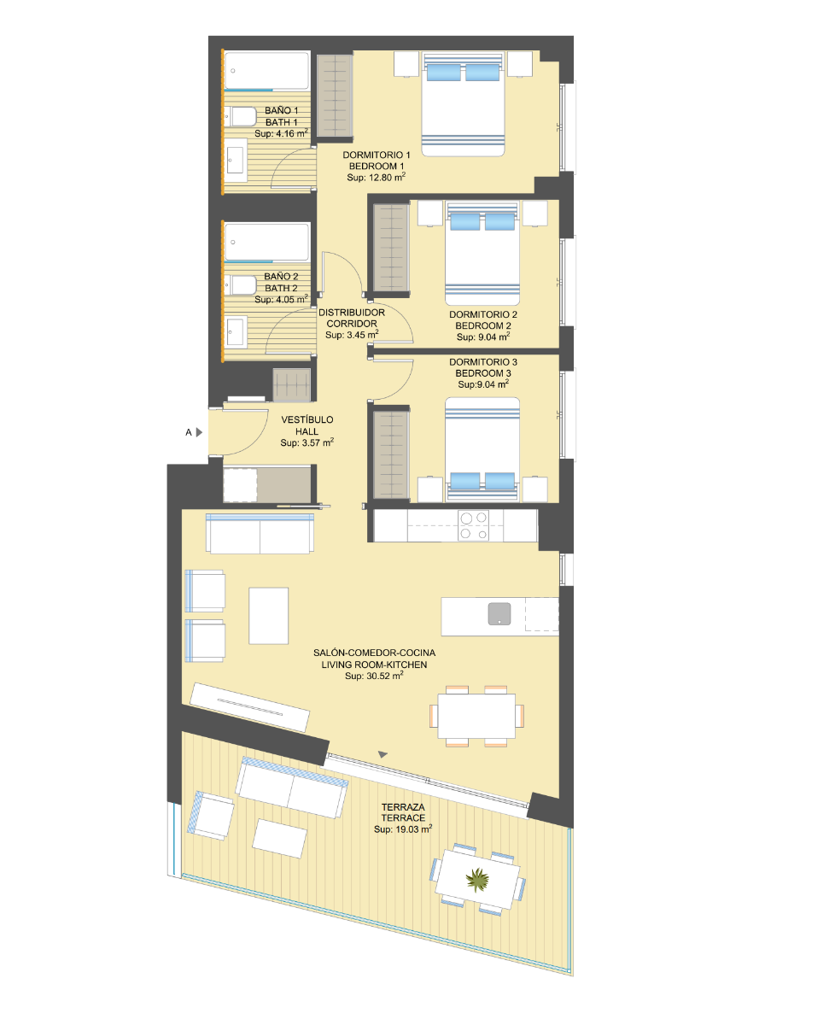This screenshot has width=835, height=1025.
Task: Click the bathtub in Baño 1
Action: tap(267, 70)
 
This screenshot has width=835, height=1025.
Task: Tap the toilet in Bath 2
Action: tap(241, 285)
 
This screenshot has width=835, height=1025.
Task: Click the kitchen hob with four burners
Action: tap(473, 525)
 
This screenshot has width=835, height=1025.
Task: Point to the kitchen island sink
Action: tap(499, 613)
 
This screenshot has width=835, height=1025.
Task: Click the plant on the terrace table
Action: tap(477, 880)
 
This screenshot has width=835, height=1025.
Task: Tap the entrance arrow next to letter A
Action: tap(199, 432)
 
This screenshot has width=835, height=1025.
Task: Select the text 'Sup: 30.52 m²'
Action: tap(374, 676)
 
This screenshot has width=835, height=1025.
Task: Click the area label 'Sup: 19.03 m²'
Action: tap(403, 829)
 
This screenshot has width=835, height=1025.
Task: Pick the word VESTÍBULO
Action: tap(307, 419)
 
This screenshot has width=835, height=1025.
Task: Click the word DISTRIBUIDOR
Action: tap(352, 313)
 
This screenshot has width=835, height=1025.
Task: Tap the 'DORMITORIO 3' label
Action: tap(483, 362)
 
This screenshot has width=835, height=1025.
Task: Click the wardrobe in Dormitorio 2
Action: tap(391, 248)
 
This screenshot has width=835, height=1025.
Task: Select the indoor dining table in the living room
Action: tap(476, 716)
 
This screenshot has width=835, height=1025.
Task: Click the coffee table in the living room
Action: tap(268, 616)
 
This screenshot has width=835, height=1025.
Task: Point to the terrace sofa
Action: tap(291, 787)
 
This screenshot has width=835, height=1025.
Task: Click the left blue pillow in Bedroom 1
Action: tap(443, 73)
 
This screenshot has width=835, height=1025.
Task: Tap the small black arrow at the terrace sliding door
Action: tap(382, 754)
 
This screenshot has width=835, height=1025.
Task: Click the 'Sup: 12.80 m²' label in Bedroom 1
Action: tap(377, 177)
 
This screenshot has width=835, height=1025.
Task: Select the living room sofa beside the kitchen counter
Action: tap(260, 533)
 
